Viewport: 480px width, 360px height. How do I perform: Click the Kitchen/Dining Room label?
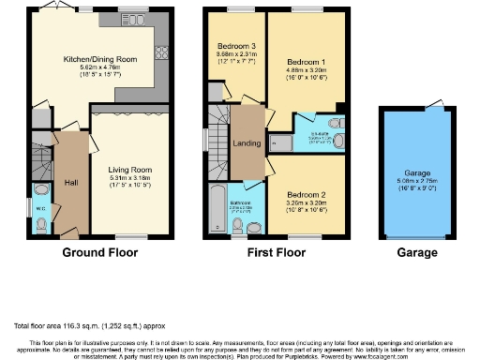(x=100, y=58)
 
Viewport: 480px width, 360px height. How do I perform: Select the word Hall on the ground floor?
(x=70, y=182)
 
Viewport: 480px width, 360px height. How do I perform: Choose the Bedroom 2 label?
(x=306, y=191)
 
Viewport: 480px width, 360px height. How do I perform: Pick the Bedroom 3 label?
(x=234, y=47)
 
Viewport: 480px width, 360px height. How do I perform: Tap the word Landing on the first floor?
(x=247, y=143)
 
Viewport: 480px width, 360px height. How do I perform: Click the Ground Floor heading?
(x=99, y=253)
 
